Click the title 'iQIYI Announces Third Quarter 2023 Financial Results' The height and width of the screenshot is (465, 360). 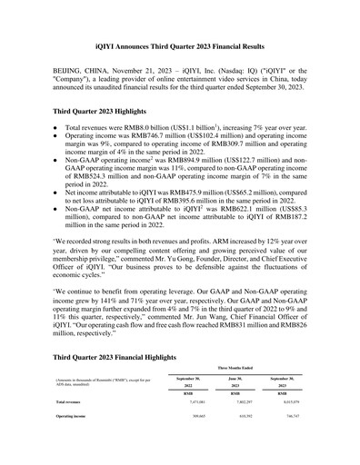180,45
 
